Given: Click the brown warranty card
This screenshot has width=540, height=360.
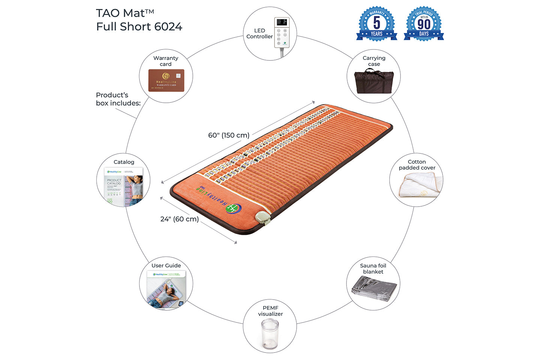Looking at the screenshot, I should click(166, 80).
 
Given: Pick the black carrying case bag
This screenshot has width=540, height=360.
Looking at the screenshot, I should click(373, 81).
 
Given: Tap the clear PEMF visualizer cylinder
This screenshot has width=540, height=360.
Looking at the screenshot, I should click(270, 334).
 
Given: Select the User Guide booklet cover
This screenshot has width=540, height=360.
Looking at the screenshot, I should click(166, 289).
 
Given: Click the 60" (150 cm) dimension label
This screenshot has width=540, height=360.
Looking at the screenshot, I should click(229, 135).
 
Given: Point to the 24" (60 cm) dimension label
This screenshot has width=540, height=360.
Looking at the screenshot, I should click(180, 219).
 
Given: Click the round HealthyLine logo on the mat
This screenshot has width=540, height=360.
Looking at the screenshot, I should click(234, 208).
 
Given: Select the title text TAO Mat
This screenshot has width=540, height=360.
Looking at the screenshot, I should click(125, 13).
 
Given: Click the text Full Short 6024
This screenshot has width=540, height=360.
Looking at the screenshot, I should click(139, 27).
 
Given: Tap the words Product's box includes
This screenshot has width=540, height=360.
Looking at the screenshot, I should click(118, 99).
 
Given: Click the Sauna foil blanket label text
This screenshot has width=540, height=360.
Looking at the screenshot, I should click(373, 268).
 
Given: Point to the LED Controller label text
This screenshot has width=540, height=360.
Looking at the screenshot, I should click(259, 33).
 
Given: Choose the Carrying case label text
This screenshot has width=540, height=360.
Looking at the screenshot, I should click(374, 61).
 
